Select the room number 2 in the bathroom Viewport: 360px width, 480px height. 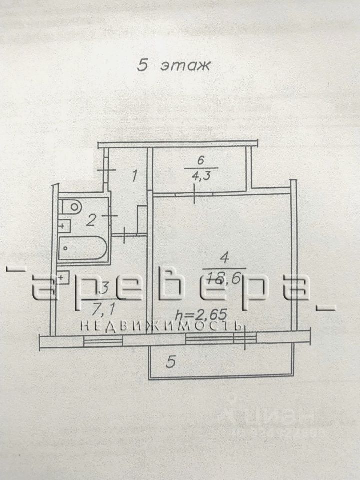(90, 219)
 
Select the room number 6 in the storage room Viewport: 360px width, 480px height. (200, 161)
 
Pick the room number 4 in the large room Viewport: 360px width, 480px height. (224, 258)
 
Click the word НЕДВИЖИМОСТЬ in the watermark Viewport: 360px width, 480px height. (161, 326)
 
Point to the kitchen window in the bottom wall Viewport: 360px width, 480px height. (103, 340)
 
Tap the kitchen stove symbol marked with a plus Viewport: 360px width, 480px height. (63, 276)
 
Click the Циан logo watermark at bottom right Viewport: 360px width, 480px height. (274, 414)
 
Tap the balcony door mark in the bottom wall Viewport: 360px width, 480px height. (245, 340)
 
